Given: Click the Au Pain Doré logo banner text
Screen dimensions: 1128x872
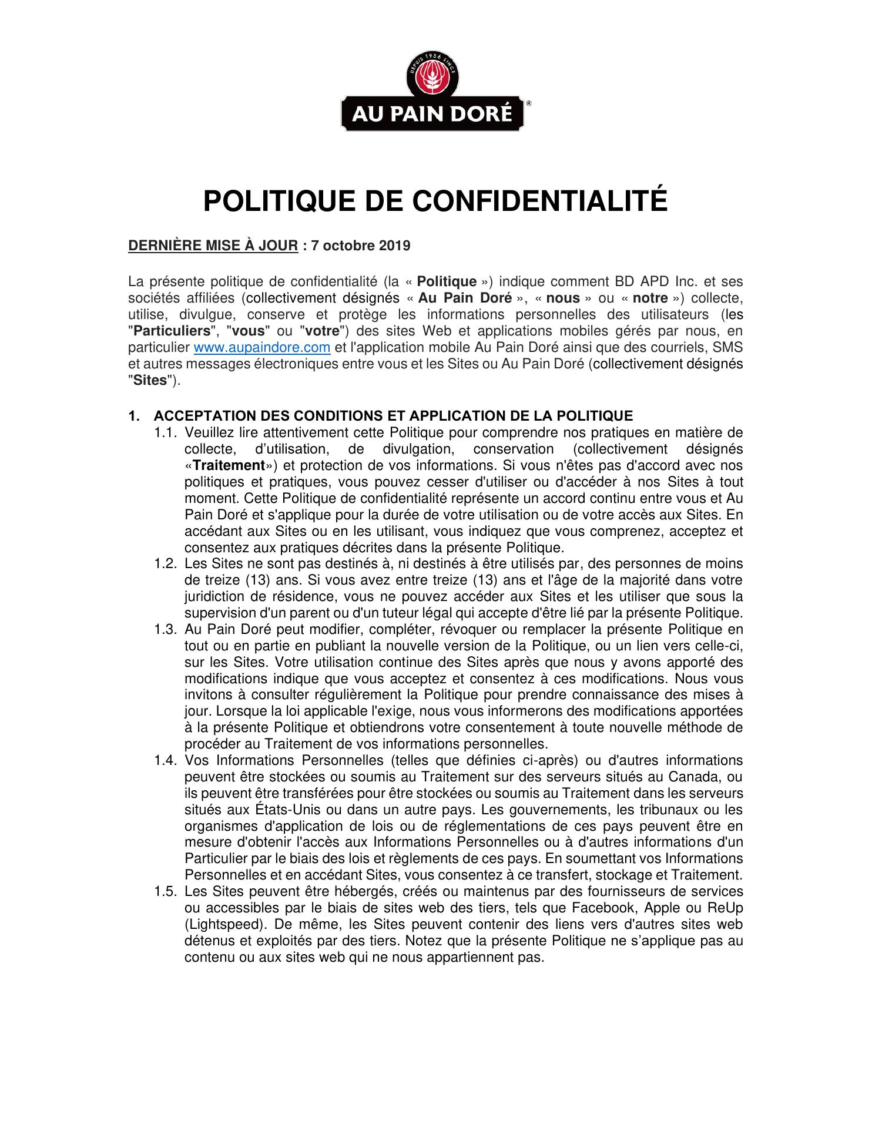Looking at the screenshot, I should [432, 113].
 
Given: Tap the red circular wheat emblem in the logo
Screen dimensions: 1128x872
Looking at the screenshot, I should [432, 80].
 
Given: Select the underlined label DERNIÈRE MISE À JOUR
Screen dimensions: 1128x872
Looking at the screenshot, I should [213, 246].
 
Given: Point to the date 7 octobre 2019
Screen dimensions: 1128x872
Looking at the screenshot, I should [361, 246].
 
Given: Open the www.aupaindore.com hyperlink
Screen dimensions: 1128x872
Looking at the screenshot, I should [261, 348].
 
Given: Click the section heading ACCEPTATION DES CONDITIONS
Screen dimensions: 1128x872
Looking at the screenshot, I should [393, 417].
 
